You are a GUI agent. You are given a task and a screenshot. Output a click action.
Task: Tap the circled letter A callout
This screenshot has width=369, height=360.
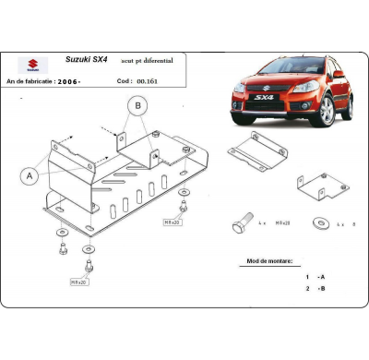point(30,174)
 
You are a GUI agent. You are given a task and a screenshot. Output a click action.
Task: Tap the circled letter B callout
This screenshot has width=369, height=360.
point(137,107)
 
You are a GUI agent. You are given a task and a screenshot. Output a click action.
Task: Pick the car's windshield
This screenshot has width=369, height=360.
point(277,66)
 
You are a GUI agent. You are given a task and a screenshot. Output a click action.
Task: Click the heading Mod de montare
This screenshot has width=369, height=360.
point(264,261)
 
